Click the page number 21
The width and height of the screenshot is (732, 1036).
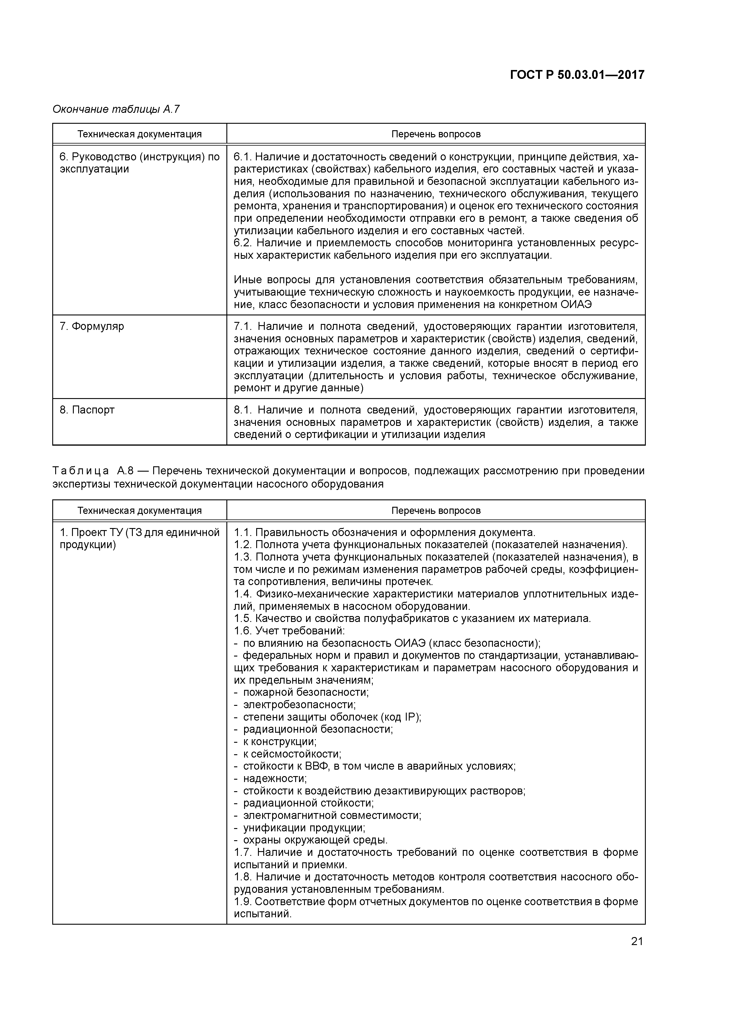point(636,941)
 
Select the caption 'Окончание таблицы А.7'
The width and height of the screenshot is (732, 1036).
point(116,109)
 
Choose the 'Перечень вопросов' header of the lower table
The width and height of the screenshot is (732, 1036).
point(436,511)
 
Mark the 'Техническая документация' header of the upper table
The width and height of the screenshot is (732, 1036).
point(139,134)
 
